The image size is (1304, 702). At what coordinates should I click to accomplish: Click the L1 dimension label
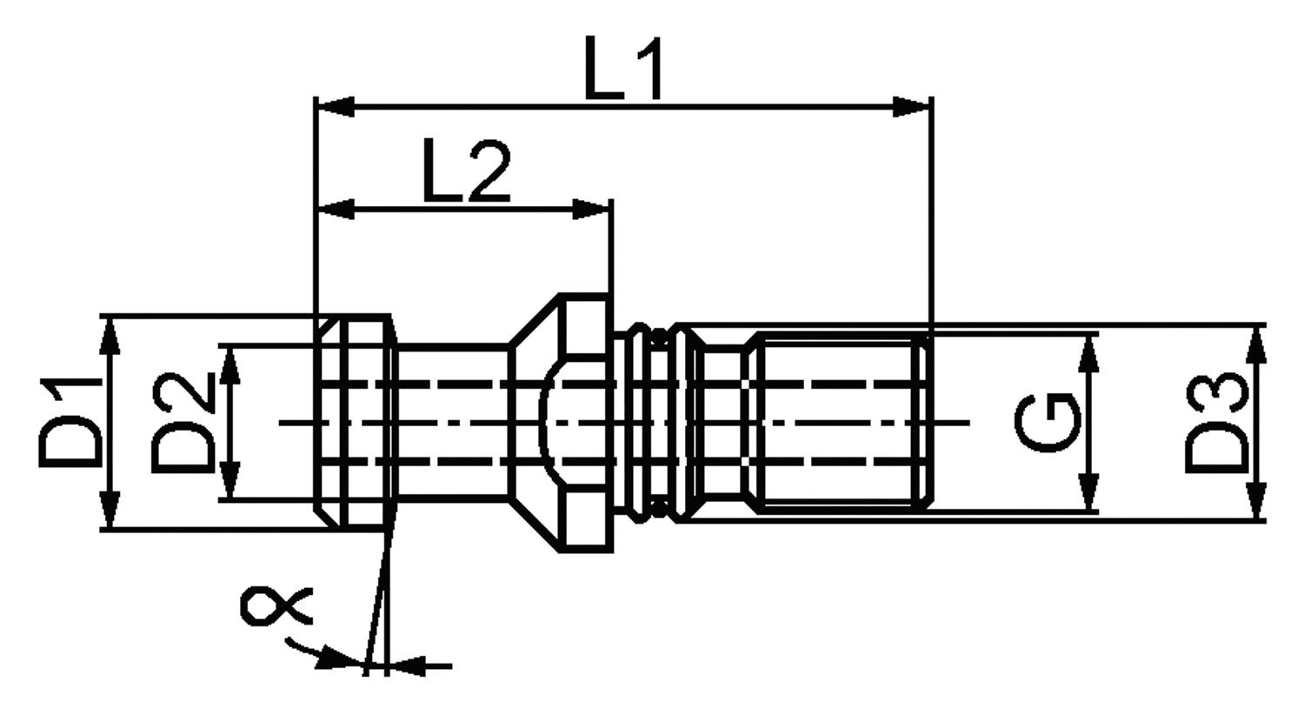pos(623,68)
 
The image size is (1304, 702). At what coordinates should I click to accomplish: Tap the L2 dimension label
pos(468,170)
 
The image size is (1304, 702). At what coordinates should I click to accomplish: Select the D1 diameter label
pos(70,423)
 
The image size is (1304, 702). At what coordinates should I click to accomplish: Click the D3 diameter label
pos(1217,423)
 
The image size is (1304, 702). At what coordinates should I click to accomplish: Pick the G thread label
pos(1048,423)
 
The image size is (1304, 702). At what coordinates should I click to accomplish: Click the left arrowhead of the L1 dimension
pos(335,107)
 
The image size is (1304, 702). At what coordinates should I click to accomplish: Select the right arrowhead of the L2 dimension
pos(591,210)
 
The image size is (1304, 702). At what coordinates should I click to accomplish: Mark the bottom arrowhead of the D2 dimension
pos(231,480)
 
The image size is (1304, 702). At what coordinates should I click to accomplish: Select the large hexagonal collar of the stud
pos(561,423)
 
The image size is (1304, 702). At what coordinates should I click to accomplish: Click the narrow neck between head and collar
pos(452,423)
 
